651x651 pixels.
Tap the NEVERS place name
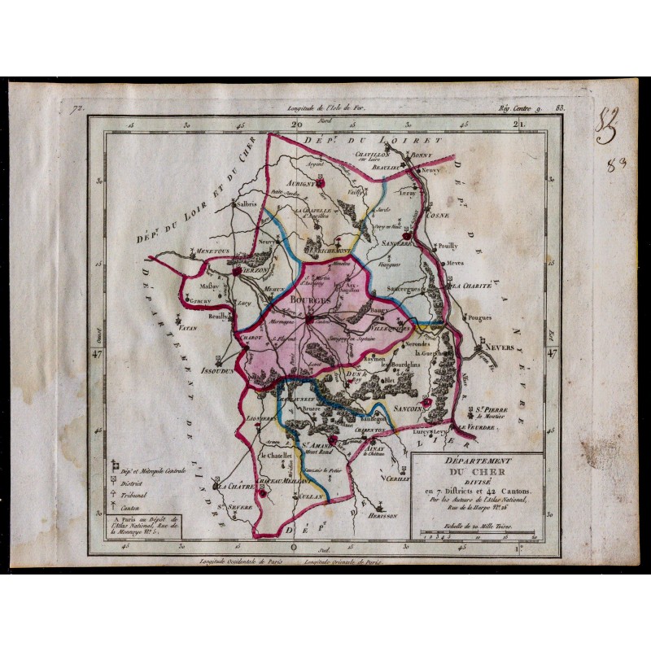coord(499,347)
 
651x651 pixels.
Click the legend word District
coord(135,482)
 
